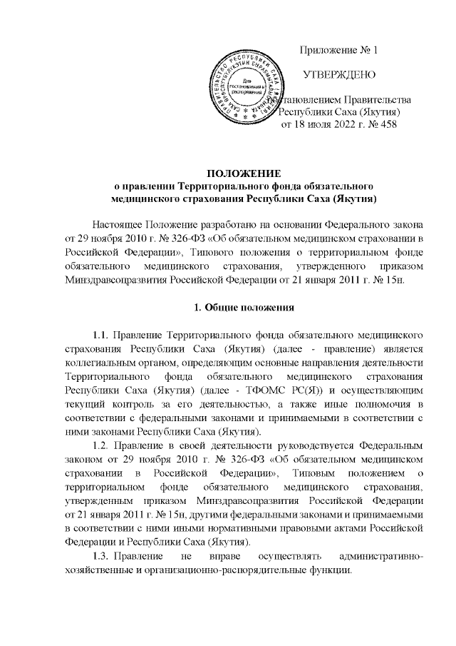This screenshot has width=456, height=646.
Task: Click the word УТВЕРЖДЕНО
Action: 336,74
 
